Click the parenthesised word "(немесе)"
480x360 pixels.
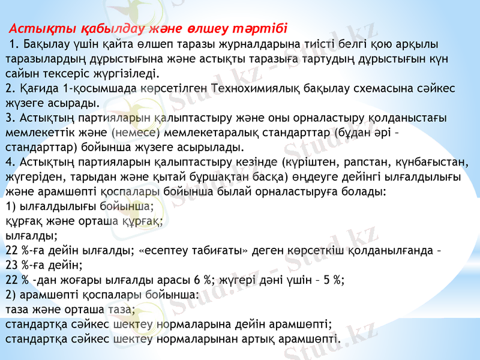(136, 132)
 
